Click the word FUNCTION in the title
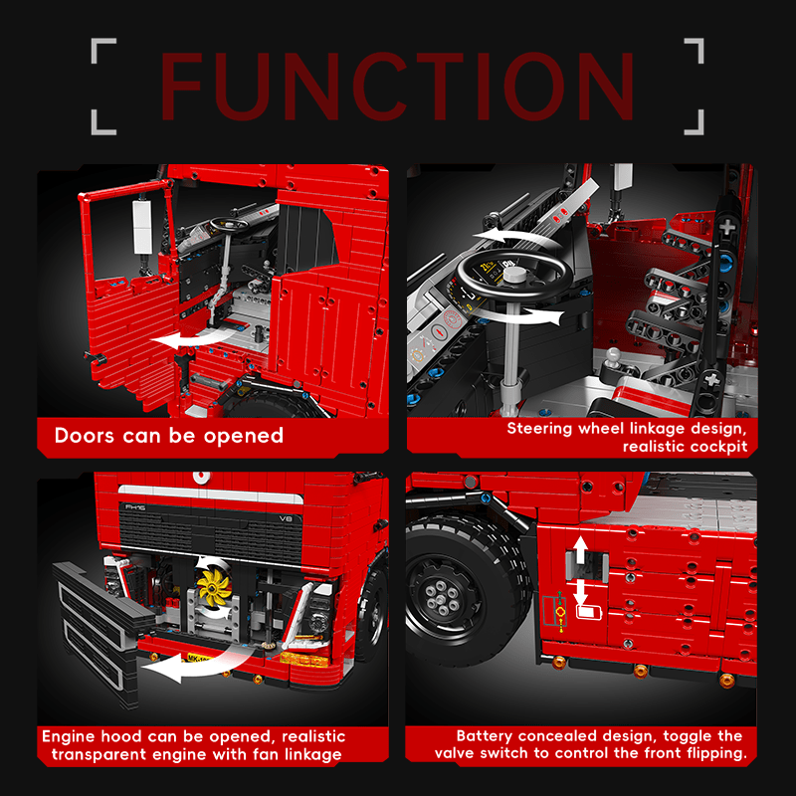pyautogui.click(x=397, y=87)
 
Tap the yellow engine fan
pyautogui.click(x=214, y=586)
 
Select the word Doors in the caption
pyautogui.click(x=85, y=436)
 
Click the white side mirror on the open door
pyautogui.click(x=142, y=227)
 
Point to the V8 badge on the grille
pyautogui.click(x=287, y=518)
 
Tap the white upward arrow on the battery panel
pyautogui.click(x=580, y=550)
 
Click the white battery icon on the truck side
pyautogui.click(x=588, y=612)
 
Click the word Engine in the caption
pyautogui.click(x=69, y=736)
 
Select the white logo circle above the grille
pyautogui.click(x=202, y=478)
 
